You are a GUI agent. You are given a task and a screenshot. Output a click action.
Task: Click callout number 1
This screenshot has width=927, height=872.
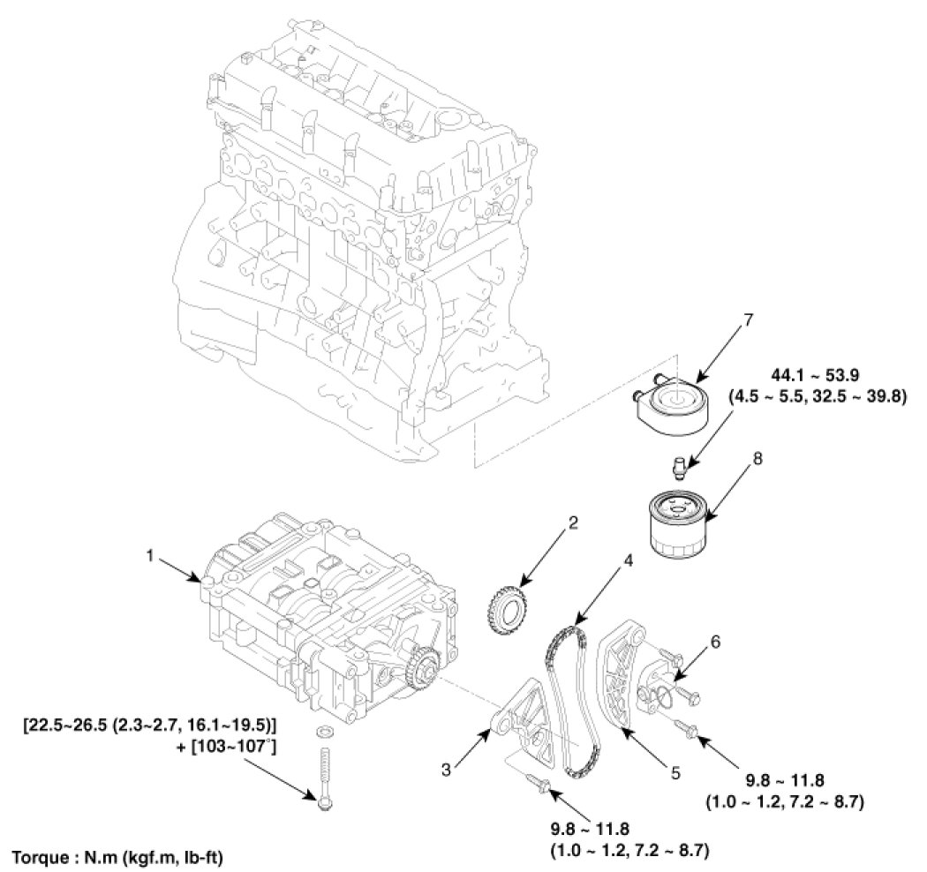click(150, 557)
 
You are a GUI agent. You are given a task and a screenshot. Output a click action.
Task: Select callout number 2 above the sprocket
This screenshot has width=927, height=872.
click(572, 523)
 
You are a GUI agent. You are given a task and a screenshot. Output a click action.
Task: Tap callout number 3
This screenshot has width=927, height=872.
click(448, 769)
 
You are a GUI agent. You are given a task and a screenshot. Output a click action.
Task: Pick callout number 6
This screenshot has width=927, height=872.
click(714, 643)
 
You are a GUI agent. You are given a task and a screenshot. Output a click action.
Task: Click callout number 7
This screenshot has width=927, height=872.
click(749, 319)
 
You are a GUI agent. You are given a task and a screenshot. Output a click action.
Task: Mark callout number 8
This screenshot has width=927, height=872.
click(757, 460)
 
